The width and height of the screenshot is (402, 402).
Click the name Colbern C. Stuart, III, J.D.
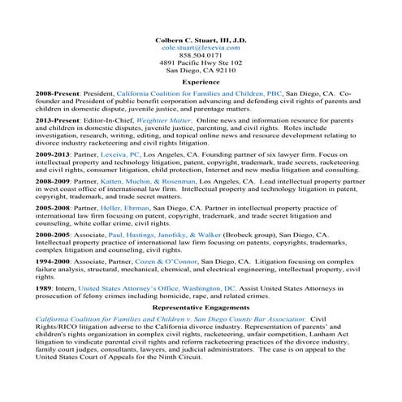[201, 40]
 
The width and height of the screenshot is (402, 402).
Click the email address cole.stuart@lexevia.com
[201, 49]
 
